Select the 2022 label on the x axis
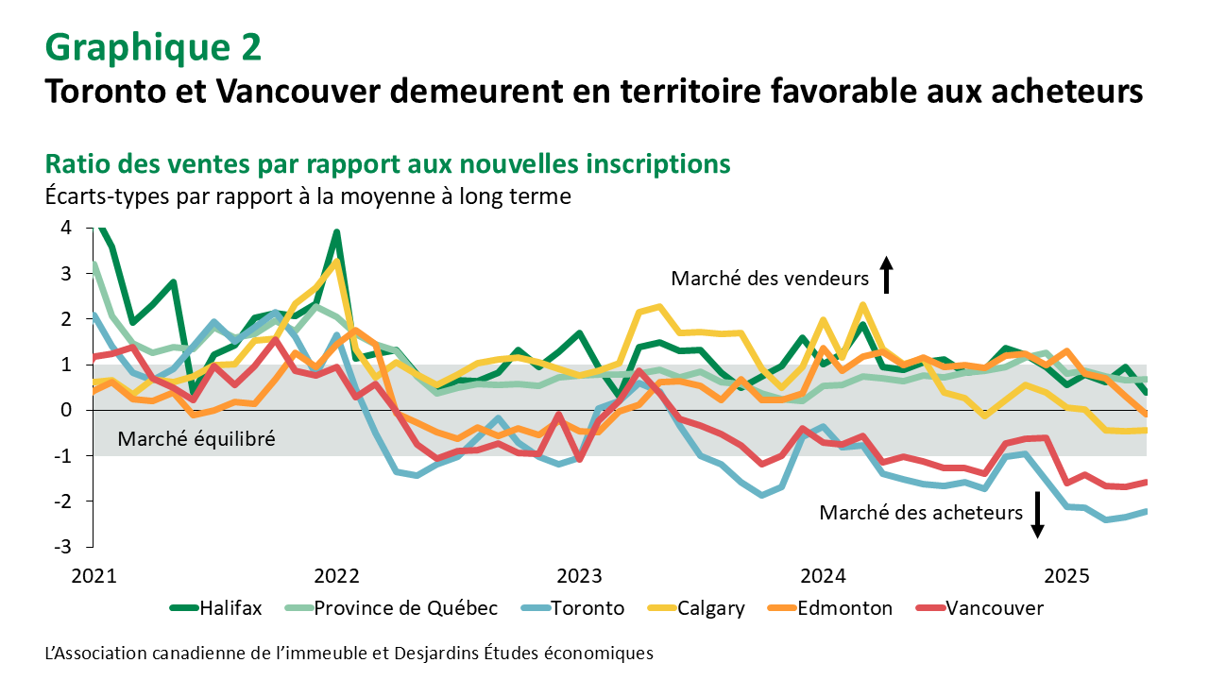(x=335, y=576)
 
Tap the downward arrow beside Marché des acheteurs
(x=1037, y=515)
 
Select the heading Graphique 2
(x=153, y=46)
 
